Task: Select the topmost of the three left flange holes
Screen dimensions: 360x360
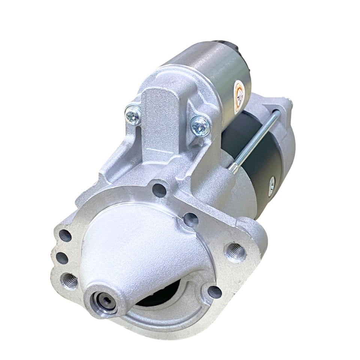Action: point(65,235)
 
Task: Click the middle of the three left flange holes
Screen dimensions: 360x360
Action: point(61,258)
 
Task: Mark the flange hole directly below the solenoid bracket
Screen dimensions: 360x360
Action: point(159,190)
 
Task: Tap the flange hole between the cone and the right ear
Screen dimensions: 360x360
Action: point(191,219)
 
